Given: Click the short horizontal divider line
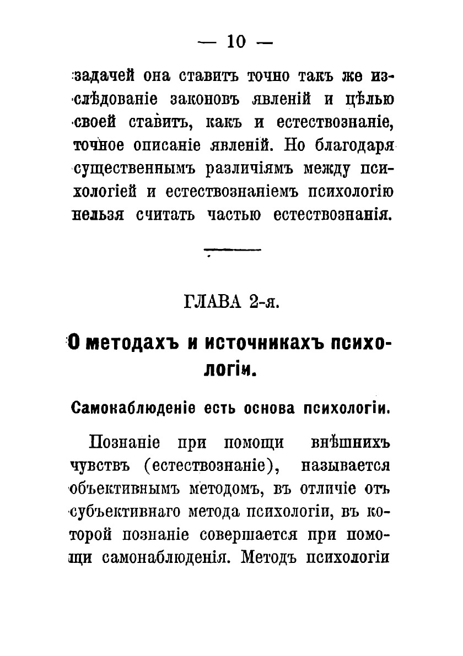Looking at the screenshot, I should point(232,251).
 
